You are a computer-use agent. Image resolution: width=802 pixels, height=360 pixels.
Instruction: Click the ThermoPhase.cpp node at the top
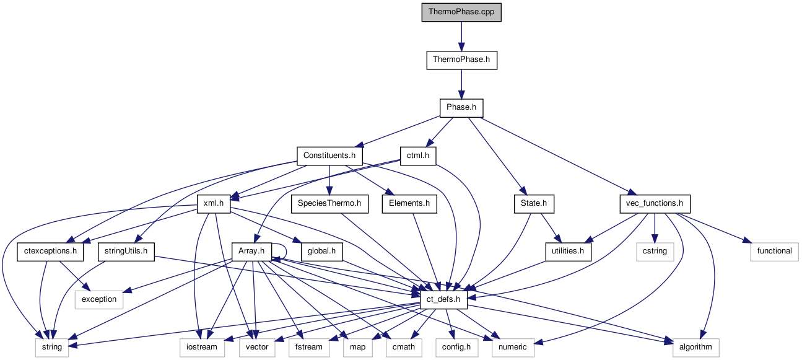[461, 12]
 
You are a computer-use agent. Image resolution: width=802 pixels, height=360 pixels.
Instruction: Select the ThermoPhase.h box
[461, 60]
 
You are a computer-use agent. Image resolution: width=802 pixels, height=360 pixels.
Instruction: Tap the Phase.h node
[461, 108]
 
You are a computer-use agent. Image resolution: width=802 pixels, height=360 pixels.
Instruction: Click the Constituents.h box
[329, 155]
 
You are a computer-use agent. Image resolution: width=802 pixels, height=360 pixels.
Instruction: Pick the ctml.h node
[418, 155]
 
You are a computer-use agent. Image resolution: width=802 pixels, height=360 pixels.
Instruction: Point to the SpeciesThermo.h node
[329, 203]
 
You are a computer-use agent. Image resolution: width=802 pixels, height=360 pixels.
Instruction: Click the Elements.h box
[409, 203]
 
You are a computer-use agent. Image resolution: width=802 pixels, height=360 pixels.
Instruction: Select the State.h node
[533, 203]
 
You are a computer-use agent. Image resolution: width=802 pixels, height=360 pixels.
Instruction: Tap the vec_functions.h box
[654, 203]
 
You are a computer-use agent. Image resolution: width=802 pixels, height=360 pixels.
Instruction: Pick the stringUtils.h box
[126, 251]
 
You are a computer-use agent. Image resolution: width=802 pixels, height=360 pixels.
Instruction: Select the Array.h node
[251, 251]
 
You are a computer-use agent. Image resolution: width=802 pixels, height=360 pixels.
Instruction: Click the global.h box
[321, 251]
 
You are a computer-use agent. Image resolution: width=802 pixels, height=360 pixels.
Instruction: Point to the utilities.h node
[568, 251]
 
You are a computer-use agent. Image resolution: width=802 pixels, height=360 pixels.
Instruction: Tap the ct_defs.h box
[443, 299]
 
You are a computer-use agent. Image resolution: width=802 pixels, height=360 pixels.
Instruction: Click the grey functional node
[774, 251]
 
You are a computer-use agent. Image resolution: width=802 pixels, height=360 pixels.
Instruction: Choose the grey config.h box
[456, 347]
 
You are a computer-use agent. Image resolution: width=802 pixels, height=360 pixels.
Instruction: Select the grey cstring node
[655, 251]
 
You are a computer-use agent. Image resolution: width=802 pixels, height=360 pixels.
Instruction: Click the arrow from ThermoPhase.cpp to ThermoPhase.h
[461, 37]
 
